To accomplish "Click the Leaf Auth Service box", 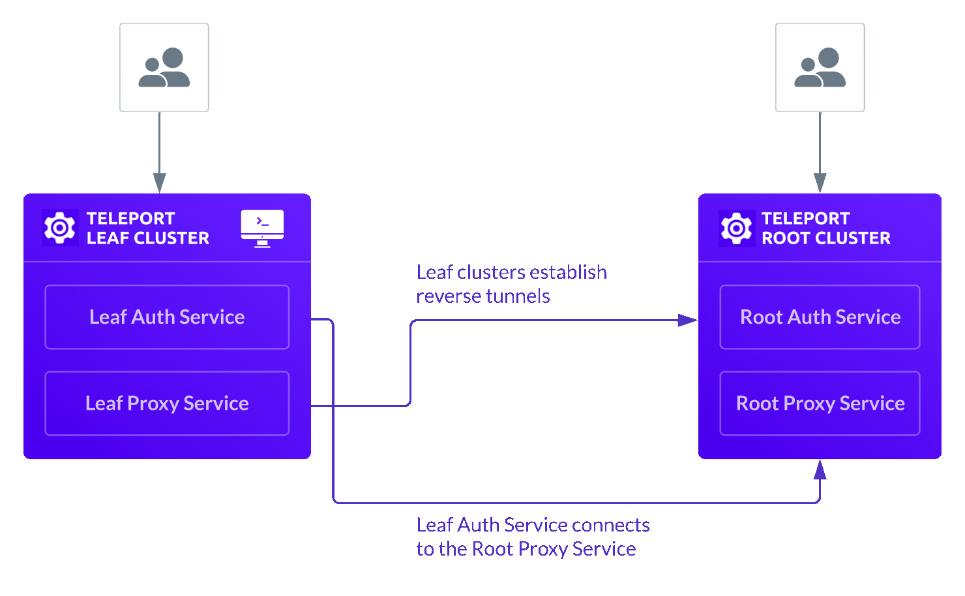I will click(x=167, y=317).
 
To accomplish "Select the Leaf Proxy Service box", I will click(x=167, y=403).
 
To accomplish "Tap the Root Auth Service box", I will click(x=820, y=317).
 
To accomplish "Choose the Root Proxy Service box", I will click(x=820, y=403).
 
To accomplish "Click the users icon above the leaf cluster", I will click(x=164, y=68).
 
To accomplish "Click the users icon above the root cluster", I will click(x=820, y=68).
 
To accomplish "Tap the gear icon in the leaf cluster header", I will click(x=60, y=228).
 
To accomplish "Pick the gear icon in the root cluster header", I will click(x=736, y=229).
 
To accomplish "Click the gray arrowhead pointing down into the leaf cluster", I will click(x=160, y=182).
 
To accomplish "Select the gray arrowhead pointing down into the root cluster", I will click(x=820, y=182).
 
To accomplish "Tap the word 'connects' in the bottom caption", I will click(x=611, y=525).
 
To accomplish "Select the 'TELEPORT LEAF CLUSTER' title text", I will click(x=147, y=228).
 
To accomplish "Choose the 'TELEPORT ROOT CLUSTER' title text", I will click(x=825, y=228).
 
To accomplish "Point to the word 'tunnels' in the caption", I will click(x=519, y=296).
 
